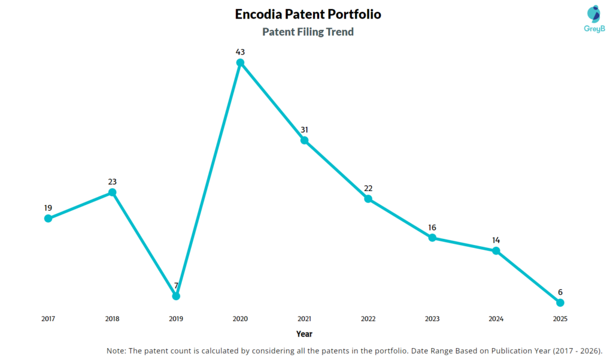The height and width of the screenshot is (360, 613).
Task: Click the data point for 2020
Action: click(240, 62)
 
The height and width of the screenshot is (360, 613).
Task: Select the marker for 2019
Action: click(176, 296)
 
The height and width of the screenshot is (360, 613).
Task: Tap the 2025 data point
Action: click(560, 302)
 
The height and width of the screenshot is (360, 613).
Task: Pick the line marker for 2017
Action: click(48, 218)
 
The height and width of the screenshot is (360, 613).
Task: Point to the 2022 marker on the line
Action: click(368, 199)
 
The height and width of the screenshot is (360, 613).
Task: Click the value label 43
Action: click(240, 52)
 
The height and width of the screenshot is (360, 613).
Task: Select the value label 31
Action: click(304, 130)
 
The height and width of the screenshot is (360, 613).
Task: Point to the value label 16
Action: click(432, 228)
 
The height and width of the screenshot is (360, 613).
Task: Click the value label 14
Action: click(496, 240)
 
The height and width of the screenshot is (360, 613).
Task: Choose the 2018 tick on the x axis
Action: click(112, 319)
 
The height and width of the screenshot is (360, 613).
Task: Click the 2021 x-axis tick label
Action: click(304, 319)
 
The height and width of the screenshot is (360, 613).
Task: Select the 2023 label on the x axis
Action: click(432, 319)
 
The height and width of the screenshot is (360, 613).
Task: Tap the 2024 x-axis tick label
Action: click(496, 319)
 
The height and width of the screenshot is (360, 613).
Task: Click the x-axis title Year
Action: click(304, 334)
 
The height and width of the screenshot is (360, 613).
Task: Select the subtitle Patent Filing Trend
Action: click(308, 32)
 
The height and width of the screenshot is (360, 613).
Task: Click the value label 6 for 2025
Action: click(560, 292)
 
